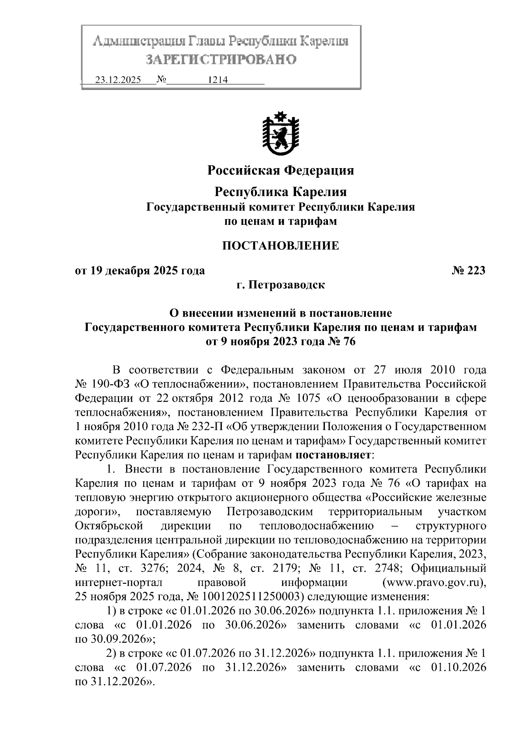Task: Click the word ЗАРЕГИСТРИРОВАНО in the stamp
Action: pyautogui.click(x=221, y=59)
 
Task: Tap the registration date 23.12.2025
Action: pyautogui.click(x=118, y=80)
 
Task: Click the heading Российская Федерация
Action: pyautogui.click(x=280, y=170)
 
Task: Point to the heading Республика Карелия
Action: pyautogui.click(x=281, y=192)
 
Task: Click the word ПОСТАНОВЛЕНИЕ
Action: pyautogui.click(x=280, y=246)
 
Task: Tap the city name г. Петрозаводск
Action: pyautogui.click(x=280, y=286)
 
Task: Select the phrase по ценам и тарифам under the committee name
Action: pyautogui.click(x=280, y=221)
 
